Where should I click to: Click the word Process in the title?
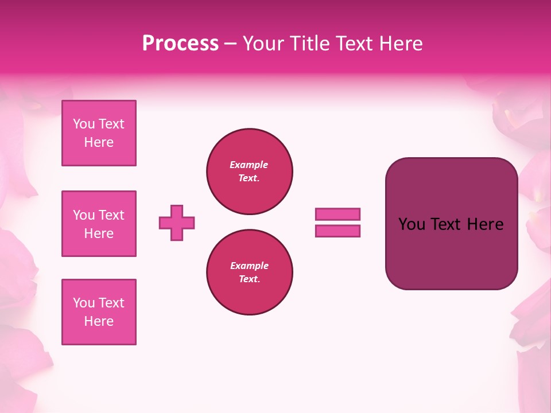pyautogui.click(x=180, y=44)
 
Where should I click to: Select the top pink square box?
pyautogui.click(x=99, y=133)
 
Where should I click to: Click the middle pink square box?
pyautogui.click(x=99, y=224)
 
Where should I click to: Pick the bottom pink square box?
pyautogui.click(x=99, y=312)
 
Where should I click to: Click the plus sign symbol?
pyautogui.click(x=177, y=223)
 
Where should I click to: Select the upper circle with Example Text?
pyautogui.click(x=249, y=172)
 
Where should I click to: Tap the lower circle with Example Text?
pyautogui.click(x=249, y=272)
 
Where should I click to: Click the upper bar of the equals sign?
pyautogui.click(x=337, y=214)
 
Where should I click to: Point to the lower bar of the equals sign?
pyautogui.click(x=337, y=231)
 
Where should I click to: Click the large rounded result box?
pyautogui.click(x=451, y=224)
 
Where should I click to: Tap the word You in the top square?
pyautogui.click(x=84, y=124)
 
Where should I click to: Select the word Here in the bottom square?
pyautogui.click(x=99, y=321)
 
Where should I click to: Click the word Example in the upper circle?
pyautogui.click(x=249, y=165)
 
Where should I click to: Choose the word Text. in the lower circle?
pyautogui.click(x=249, y=279)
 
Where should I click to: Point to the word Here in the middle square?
pyautogui.click(x=99, y=233)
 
